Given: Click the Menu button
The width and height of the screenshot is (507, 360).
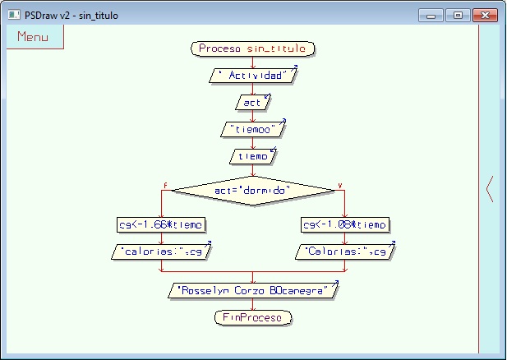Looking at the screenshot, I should (33, 37).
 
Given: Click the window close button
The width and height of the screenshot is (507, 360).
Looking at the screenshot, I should (486, 15).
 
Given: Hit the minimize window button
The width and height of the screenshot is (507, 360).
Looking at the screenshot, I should (431, 15).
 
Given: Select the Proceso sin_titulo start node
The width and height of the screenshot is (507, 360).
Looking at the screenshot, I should (252, 49).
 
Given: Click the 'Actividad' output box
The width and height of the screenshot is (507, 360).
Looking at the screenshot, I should (252, 76).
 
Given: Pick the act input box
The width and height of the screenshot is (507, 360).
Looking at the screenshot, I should (252, 102).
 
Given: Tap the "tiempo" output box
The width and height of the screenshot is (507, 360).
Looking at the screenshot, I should (252, 129).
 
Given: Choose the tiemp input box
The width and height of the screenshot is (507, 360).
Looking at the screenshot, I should (252, 156).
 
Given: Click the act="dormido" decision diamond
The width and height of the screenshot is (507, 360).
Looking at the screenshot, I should (252, 191).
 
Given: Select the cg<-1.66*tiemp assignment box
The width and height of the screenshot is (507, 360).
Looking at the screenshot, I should (161, 224).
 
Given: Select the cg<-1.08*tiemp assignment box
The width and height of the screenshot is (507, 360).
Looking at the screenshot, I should (344, 224).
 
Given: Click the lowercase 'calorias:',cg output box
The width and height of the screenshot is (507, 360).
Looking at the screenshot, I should (161, 252).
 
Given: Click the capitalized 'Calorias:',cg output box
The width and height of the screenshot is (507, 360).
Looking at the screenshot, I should (344, 252).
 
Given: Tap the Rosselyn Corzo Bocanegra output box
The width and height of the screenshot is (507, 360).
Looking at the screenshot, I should (252, 290).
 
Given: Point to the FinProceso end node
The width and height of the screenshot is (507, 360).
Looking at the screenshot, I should (252, 317).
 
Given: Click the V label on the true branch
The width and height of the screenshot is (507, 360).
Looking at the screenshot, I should (339, 186).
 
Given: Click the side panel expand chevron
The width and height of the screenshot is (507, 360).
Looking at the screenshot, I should (490, 189).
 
